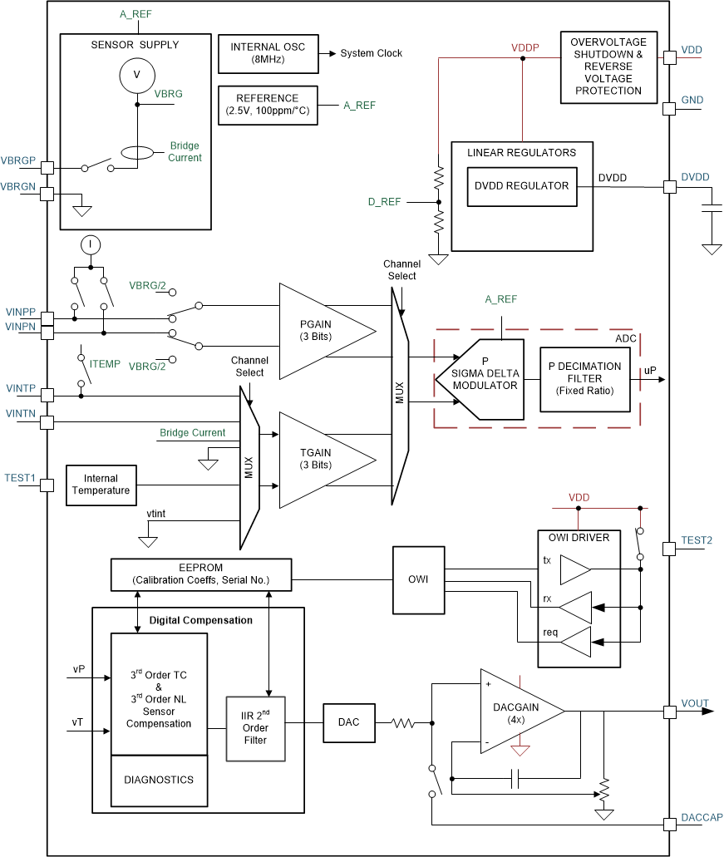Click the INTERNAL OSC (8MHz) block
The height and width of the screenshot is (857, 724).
point(267,53)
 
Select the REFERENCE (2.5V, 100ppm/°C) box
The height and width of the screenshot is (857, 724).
point(267,105)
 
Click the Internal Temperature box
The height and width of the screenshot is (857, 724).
point(101,485)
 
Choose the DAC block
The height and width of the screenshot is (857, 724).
point(349,722)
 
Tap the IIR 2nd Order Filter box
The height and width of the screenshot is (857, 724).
point(256,729)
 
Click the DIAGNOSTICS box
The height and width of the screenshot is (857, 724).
point(159,780)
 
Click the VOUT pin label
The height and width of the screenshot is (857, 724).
point(695,703)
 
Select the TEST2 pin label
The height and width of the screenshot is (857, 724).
point(697,540)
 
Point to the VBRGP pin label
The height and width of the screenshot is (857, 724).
point(18,160)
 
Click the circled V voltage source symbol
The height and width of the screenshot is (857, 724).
point(132,76)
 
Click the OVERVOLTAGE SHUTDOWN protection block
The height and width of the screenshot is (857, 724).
point(608,66)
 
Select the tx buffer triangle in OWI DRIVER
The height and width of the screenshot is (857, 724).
point(574,570)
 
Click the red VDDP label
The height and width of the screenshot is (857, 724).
point(525,48)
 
